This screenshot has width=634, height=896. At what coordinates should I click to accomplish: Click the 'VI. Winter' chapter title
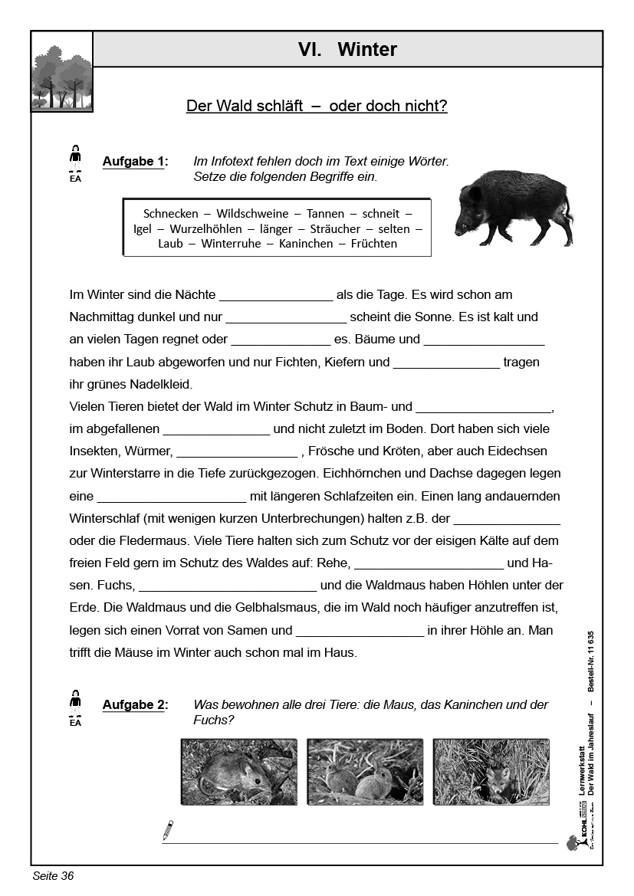[347, 50]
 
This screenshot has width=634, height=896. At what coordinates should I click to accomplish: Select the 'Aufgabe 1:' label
[134, 162]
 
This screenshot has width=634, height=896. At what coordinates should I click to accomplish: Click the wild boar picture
[513, 205]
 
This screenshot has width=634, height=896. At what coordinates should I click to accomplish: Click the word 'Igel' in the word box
[143, 228]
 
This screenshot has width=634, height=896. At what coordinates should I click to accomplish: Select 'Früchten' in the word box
[373, 244]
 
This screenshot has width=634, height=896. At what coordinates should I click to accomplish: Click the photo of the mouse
[238, 772]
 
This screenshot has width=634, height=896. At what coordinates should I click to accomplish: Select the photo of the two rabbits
[364, 772]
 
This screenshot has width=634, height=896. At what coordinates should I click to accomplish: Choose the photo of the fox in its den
[491, 772]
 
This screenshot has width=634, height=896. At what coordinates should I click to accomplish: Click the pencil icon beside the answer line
[168, 830]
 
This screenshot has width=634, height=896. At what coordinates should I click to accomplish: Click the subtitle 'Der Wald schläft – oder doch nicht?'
[317, 107]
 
